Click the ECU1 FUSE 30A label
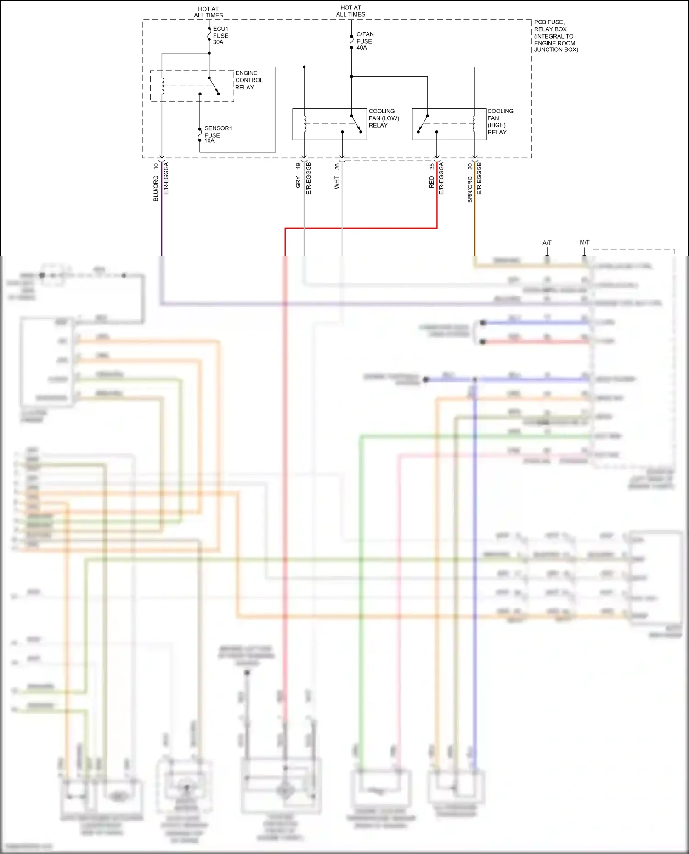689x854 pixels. pyautogui.click(x=220, y=35)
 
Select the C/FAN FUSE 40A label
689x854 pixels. pyautogui.click(x=365, y=41)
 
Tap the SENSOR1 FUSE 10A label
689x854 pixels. pyautogui.click(x=218, y=134)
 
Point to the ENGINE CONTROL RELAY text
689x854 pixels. pyautogui.click(x=249, y=80)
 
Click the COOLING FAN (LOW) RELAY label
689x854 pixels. pyautogui.click(x=384, y=118)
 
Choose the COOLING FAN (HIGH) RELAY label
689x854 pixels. pyautogui.click(x=500, y=122)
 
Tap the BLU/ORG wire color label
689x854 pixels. pyautogui.click(x=156, y=189)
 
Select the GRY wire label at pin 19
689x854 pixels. pyautogui.click(x=298, y=183)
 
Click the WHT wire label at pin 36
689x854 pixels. pyautogui.click(x=337, y=183)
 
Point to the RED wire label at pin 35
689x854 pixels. pyautogui.click(x=432, y=183)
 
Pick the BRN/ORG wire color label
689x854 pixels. pyautogui.click(x=470, y=190)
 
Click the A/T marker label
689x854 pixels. pyautogui.click(x=547, y=243)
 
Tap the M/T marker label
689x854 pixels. pyautogui.click(x=584, y=242)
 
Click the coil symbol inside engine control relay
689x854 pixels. pyautogui.click(x=162, y=86)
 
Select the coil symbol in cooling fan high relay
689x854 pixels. pyautogui.click(x=474, y=123)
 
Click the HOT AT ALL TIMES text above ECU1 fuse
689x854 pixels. pyautogui.click(x=208, y=12)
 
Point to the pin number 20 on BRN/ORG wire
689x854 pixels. pyautogui.click(x=470, y=167)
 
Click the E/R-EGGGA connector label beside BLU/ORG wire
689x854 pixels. pyautogui.click(x=166, y=179)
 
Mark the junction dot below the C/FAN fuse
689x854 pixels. pyautogui.click(x=351, y=76)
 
